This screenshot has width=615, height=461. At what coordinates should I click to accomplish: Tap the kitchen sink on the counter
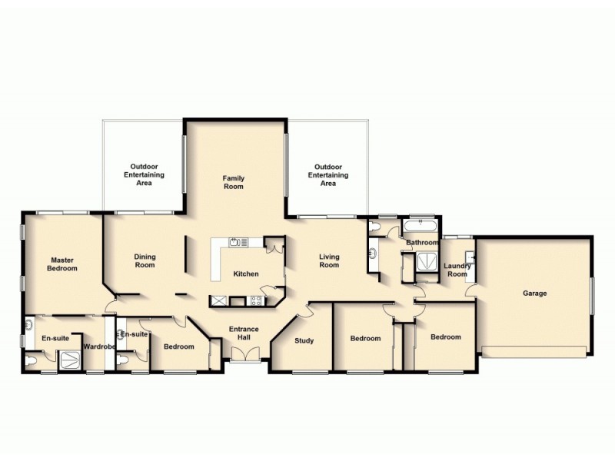(238, 243)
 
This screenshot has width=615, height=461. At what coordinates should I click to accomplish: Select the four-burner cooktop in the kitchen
(218, 301)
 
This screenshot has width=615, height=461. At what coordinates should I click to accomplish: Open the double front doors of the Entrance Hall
(245, 353)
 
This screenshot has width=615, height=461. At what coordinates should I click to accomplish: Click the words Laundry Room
(457, 270)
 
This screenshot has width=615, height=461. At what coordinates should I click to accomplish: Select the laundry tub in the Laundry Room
(469, 257)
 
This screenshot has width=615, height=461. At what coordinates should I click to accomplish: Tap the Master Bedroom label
(61, 264)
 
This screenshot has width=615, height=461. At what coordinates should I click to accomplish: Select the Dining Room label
(145, 261)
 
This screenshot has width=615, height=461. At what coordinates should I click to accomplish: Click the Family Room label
(233, 181)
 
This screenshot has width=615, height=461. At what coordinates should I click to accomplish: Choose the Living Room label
(329, 261)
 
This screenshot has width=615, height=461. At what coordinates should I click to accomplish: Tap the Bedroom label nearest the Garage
(445, 337)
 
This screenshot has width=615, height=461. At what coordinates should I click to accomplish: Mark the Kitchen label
(245, 274)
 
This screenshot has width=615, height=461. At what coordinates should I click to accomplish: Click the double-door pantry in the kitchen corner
(274, 247)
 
